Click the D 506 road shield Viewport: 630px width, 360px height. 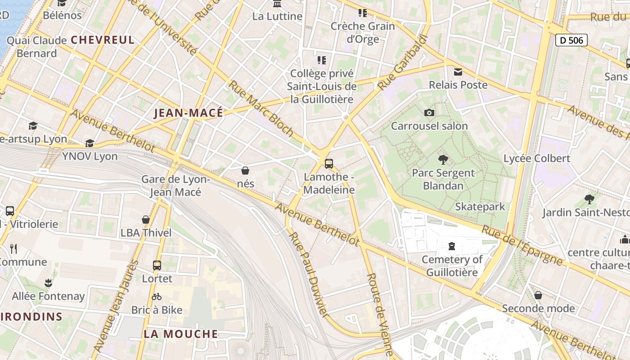tap(571, 40)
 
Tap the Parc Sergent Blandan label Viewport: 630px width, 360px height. tap(443, 179)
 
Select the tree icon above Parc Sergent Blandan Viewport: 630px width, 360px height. tap(443, 159)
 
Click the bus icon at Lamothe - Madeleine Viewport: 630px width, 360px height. tap(329, 163)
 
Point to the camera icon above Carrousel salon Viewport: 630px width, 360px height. tap(429, 112)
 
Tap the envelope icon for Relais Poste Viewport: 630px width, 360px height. tap(458, 72)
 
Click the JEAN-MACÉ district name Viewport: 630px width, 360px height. tap(189, 113)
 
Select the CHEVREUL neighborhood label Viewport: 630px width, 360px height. tap(103, 40)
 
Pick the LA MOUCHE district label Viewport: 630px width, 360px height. tap(181, 334)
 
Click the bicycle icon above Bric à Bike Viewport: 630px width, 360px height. tap(157, 297)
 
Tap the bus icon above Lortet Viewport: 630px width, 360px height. tap(157, 265)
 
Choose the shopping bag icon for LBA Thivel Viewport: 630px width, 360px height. tap(146, 220)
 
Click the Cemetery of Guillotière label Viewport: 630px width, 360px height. tap(452, 266)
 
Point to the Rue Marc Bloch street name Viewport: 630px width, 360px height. tap(261, 108)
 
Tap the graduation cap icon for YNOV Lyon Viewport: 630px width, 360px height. tap(90, 143)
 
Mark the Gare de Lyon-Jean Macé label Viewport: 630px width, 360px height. tap(175, 185)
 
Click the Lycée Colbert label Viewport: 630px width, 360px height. tap(537, 158)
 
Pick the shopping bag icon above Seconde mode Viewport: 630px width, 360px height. tap(538, 295)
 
